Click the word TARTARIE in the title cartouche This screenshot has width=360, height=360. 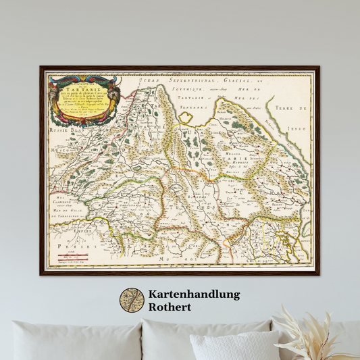click(x=84, y=88)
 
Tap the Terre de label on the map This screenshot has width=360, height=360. click(x=294, y=108)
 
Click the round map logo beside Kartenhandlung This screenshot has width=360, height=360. click(x=132, y=301)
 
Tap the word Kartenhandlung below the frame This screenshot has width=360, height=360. click(x=195, y=294)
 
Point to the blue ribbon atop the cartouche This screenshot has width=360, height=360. click(x=84, y=79)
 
